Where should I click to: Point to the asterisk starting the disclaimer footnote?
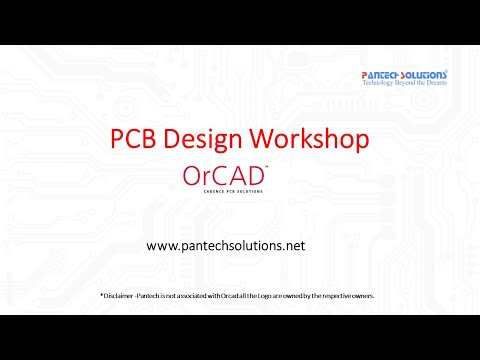tap(101, 295)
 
